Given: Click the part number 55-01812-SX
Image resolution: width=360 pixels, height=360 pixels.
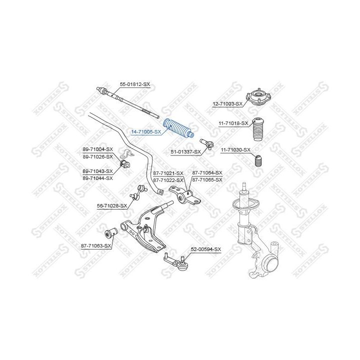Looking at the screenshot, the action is [135, 84].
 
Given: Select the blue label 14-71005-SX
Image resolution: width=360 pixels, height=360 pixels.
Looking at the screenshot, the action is [146, 132].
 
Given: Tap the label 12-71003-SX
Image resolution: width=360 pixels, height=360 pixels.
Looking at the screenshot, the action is [227, 104].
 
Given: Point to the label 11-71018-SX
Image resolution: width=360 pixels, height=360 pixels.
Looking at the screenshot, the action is [233, 123].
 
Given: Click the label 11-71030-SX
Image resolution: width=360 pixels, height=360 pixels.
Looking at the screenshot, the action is [235, 150].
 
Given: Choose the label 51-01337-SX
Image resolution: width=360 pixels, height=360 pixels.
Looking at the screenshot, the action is [185, 152].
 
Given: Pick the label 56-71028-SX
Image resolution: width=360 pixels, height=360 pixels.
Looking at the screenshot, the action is [112, 206].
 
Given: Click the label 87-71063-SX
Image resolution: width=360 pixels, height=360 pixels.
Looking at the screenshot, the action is [96, 246].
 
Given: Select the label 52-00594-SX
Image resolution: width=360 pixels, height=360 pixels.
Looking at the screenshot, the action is [206, 249].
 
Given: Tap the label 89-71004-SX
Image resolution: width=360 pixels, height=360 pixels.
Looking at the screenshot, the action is [98, 149].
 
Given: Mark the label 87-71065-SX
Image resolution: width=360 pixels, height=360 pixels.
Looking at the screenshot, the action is [207, 180].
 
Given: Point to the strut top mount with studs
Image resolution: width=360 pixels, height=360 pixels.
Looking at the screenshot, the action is [258, 97].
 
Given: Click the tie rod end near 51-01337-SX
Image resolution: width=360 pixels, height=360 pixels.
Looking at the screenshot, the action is [207, 144].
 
